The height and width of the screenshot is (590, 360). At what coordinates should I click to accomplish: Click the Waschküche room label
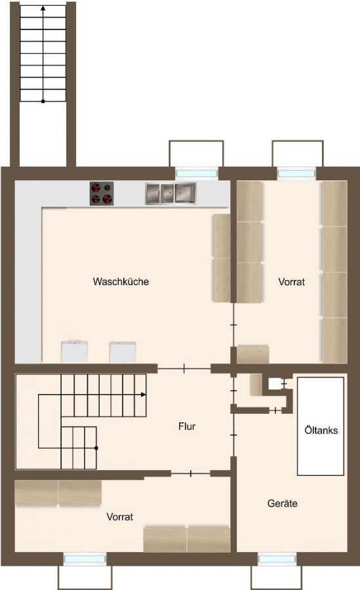(x=121, y=281)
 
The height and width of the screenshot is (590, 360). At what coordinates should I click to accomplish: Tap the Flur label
(x=187, y=426)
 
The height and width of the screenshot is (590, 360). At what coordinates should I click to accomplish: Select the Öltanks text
(x=321, y=430)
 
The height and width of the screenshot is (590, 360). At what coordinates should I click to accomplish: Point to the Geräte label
(x=282, y=503)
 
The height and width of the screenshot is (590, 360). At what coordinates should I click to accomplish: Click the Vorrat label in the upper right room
(x=291, y=281)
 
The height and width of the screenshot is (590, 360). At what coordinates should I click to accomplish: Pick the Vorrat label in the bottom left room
(x=120, y=517)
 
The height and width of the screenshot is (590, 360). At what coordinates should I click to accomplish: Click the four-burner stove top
(x=102, y=193)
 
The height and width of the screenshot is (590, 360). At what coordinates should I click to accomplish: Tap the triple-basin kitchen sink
(x=170, y=193)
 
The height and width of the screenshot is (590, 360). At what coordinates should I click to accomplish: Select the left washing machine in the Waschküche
(x=74, y=351)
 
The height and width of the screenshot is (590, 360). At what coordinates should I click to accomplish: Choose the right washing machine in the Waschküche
(x=123, y=352)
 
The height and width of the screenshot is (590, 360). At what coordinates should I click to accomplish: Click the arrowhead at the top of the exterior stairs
(x=43, y=7)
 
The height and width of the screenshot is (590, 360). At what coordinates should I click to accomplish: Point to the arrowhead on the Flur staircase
(x=144, y=395)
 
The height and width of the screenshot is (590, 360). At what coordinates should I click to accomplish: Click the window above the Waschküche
(x=197, y=173)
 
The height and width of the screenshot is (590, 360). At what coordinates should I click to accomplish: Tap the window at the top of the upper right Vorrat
(x=296, y=174)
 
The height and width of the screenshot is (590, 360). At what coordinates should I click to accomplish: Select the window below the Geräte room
(x=277, y=559)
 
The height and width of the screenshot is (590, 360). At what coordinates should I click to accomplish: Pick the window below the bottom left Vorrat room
(x=85, y=559)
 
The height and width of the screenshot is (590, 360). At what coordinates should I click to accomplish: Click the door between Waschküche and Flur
(x=184, y=368)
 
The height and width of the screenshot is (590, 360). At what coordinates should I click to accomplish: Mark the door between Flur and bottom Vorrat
(x=191, y=473)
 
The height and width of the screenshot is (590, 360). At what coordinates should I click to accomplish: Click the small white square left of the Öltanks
(x=275, y=383)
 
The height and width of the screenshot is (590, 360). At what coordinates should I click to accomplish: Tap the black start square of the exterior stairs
(x=43, y=101)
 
